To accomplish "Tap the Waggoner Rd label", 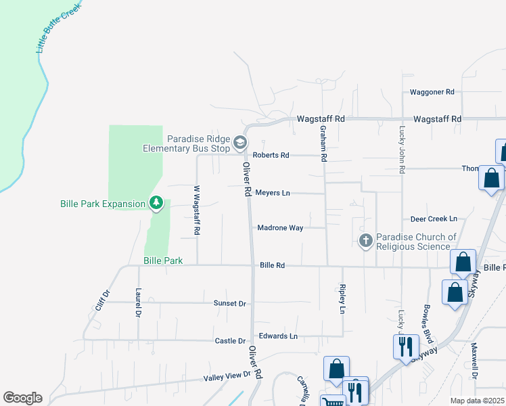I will [432, 91].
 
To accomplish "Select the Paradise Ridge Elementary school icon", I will [240, 143].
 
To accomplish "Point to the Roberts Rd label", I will [271, 155].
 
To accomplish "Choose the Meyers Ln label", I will [273, 193].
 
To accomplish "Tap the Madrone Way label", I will [280, 228].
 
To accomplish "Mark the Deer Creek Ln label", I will [434, 219].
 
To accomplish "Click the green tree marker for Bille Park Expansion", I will [156, 202].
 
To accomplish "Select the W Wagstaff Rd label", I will [196, 210].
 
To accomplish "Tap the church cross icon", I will [365, 240].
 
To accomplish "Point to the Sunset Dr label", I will [229, 304].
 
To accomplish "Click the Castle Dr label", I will [231, 341].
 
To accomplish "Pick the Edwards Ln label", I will [278, 336].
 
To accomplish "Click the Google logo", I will [22, 398].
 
